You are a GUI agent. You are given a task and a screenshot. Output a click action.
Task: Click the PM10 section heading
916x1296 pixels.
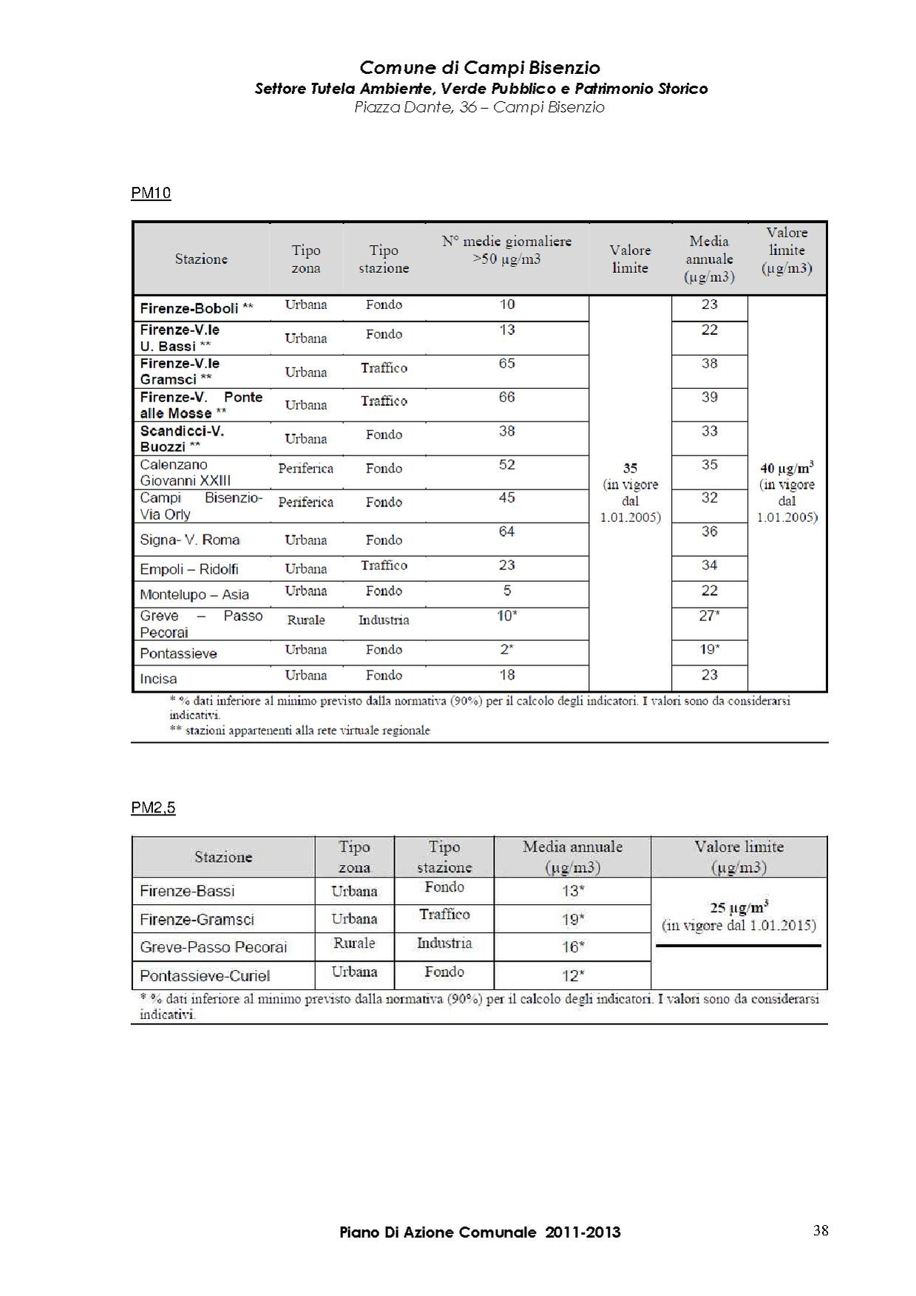151,193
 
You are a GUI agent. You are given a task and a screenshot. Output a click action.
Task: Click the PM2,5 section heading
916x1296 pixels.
153,807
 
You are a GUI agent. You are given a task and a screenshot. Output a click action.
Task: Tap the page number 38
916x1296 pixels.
821,1230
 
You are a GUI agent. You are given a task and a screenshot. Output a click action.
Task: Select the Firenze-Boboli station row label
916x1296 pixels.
196,308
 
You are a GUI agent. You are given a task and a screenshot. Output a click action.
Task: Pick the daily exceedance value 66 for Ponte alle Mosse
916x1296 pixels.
506,397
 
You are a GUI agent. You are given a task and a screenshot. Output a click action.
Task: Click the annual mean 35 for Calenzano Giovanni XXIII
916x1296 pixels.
709,464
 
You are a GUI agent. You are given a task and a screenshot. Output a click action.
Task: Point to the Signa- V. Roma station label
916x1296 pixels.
190,540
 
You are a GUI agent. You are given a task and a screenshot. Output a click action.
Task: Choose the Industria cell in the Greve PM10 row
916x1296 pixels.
384,620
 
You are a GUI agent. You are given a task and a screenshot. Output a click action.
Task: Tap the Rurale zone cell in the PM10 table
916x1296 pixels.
306,620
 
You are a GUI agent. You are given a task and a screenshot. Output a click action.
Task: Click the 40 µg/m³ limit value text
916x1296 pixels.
787,468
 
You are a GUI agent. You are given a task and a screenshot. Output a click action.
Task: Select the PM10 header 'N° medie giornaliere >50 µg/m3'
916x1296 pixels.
506,250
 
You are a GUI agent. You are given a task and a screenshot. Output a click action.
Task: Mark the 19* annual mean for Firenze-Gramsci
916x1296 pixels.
572,919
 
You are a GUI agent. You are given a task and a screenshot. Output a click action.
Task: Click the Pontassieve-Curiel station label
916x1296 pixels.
205,975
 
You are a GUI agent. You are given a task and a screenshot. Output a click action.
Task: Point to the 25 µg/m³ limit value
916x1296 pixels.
739,907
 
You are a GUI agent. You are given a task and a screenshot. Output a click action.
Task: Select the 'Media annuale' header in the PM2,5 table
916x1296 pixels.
572,856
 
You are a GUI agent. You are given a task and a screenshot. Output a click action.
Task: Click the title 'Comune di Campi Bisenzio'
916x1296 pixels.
480,68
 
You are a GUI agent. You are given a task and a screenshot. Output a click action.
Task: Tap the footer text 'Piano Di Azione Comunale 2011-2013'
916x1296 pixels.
480,1232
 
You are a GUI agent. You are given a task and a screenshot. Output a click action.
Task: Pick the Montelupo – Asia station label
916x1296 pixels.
194,594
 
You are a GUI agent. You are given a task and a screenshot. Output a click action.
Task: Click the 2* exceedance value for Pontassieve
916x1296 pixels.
506,649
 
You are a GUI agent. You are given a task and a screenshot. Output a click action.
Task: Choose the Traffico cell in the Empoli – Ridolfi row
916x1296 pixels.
384,566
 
